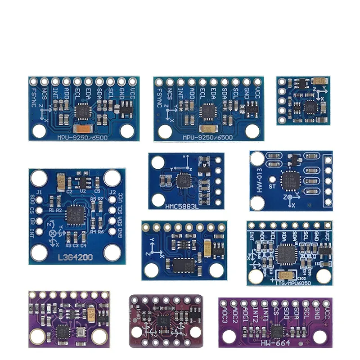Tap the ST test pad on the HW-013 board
(272, 186)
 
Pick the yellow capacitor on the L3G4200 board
(61, 181)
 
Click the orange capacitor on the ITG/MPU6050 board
(284, 274)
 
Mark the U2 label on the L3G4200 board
(82, 191)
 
